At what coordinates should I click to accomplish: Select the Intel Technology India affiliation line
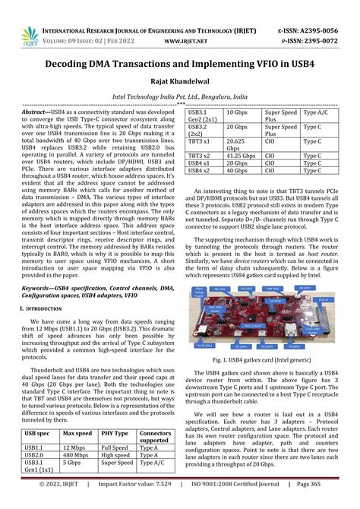tap(179, 96)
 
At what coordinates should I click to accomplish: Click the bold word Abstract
tap(39, 111)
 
